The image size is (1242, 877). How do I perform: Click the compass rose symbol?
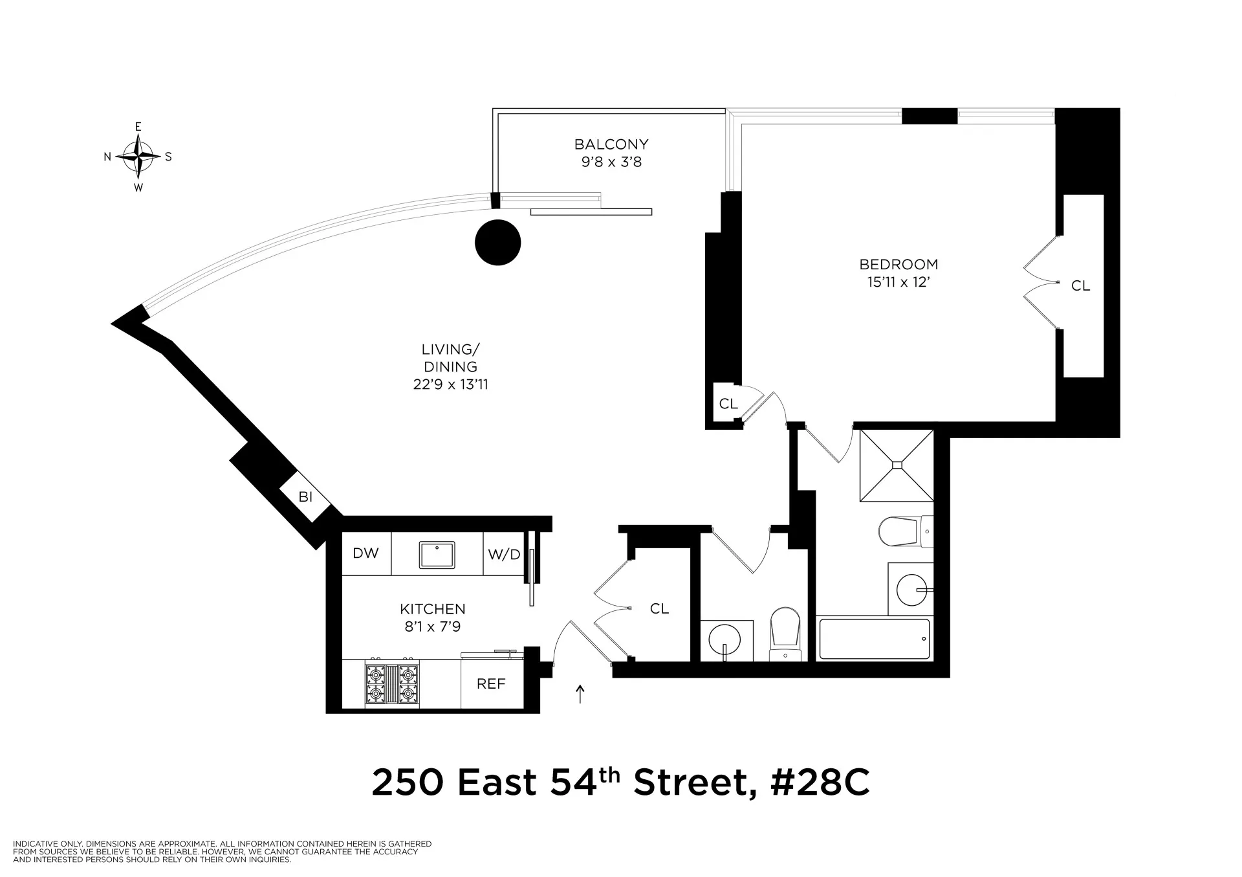(x=138, y=157)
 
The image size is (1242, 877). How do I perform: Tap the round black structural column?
(x=497, y=243)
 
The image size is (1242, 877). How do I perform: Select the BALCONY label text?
(x=611, y=144)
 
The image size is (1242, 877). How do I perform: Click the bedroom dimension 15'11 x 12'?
(x=899, y=282)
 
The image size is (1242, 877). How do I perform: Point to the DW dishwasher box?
(x=365, y=553)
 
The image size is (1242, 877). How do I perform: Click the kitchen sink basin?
(x=437, y=555)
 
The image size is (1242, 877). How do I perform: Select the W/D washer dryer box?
(x=503, y=554)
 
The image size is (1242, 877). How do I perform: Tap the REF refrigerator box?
(x=491, y=684)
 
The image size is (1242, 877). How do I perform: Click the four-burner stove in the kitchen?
(x=391, y=684)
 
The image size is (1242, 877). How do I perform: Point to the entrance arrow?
(x=580, y=694)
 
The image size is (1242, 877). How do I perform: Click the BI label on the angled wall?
(x=305, y=497)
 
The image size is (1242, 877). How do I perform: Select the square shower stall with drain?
(x=897, y=465)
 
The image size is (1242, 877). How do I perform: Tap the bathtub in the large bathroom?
(x=874, y=639)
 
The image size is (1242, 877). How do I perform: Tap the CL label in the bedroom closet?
(x=1080, y=285)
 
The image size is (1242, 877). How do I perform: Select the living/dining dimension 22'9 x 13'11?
(x=450, y=384)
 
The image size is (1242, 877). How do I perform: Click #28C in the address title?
(x=819, y=783)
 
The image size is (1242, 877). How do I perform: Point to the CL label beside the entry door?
(x=659, y=608)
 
